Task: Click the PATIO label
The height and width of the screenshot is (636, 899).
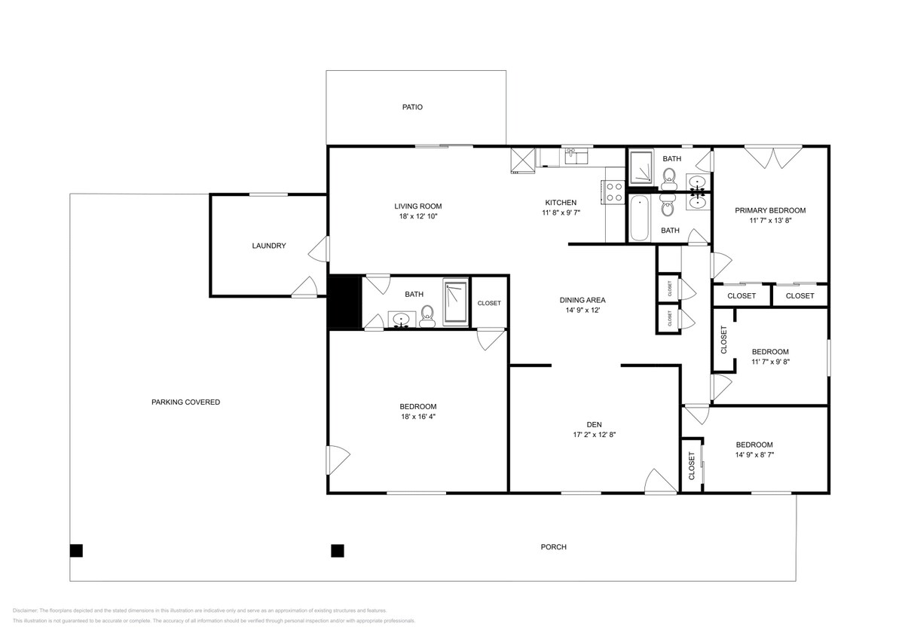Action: coord(411,107)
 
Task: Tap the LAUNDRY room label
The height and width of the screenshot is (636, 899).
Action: coord(268,246)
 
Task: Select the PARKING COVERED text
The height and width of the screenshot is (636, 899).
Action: coord(185,402)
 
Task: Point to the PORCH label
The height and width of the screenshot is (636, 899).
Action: coord(553,547)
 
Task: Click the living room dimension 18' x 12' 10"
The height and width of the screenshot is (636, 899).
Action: coord(417,216)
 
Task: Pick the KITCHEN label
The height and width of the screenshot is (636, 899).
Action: coord(561,203)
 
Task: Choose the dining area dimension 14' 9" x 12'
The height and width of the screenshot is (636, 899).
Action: coord(582,310)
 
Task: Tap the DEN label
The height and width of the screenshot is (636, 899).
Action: coord(595,424)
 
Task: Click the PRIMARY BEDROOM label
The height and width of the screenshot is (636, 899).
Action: coord(770,211)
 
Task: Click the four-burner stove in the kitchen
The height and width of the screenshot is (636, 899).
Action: coord(614,192)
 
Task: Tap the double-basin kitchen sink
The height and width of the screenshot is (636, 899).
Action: coord(576,157)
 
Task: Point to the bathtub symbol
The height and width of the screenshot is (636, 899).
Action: coord(638,219)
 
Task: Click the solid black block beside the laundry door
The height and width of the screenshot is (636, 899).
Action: coord(344,303)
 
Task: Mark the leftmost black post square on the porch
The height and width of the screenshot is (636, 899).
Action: coord(76,550)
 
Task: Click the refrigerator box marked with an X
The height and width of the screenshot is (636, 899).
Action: coord(522,160)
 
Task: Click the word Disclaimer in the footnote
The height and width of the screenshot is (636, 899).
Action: coord(25,610)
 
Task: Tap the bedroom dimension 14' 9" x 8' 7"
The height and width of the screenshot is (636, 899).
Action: coord(764,455)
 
